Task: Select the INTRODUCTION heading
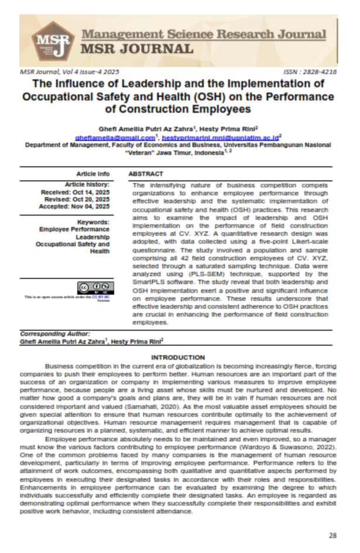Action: (x=179, y=357)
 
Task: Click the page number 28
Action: (x=332, y=535)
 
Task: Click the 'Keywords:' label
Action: (x=93, y=222)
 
